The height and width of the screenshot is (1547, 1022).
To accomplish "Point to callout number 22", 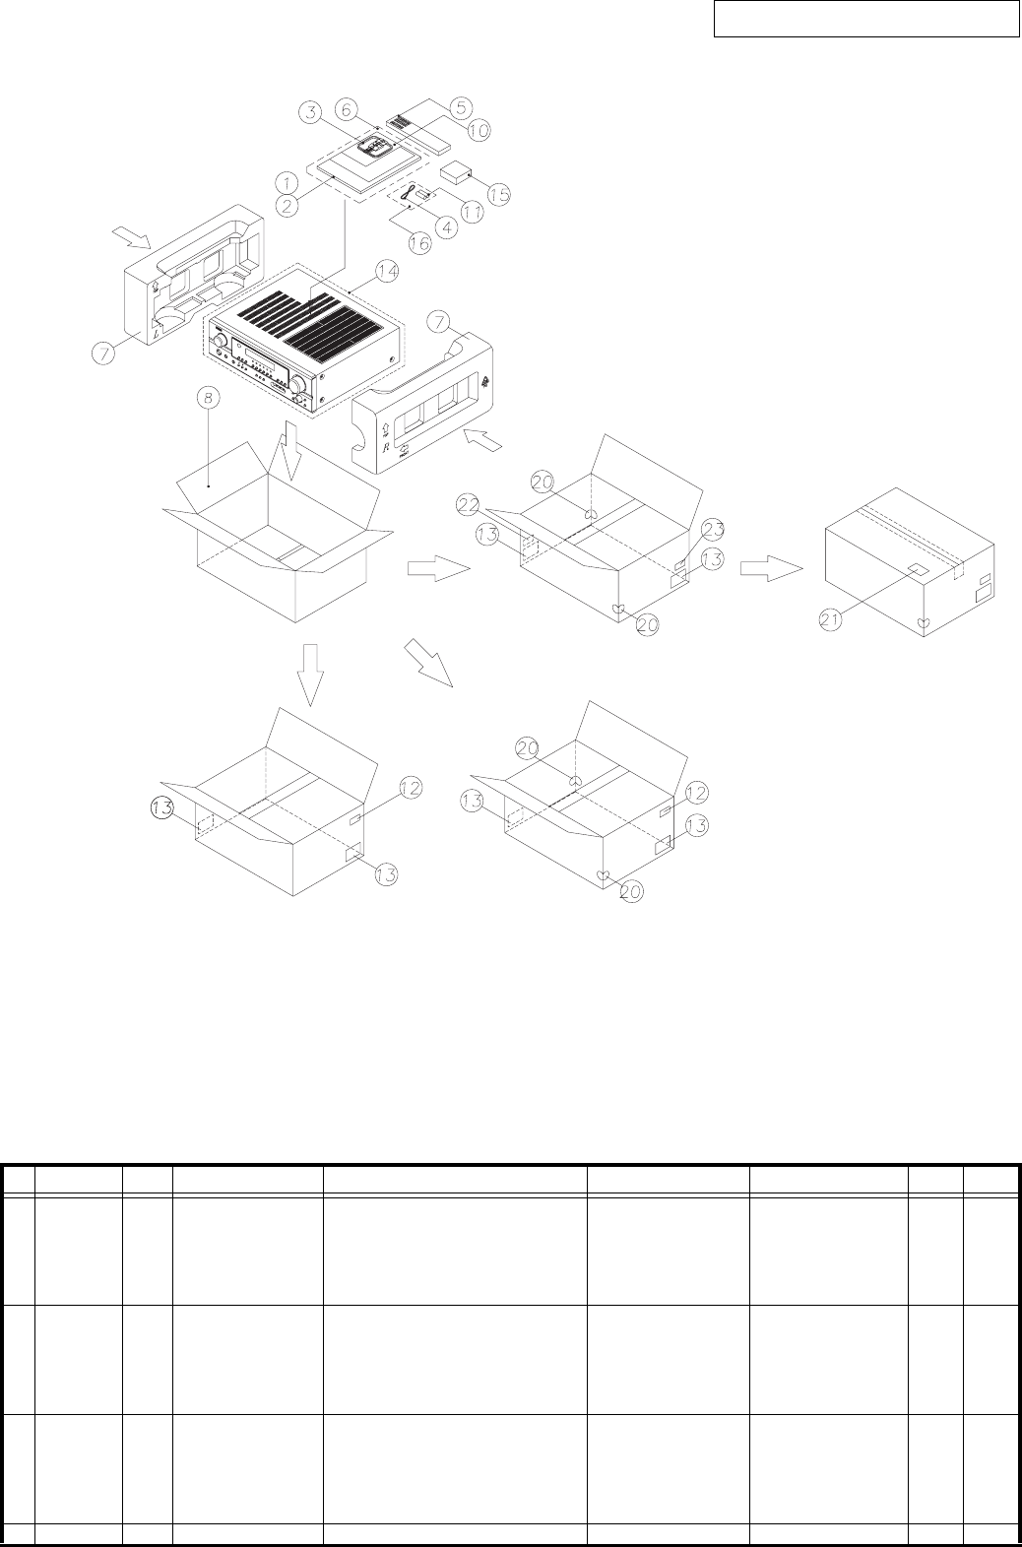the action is pyautogui.click(x=469, y=504).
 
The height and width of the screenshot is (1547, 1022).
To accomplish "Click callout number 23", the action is pyautogui.click(x=713, y=528).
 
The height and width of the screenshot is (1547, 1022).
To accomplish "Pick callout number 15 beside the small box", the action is pyautogui.click(x=499, y=193).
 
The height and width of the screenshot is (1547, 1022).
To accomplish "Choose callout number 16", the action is pyautogui.click(x=420, y=243).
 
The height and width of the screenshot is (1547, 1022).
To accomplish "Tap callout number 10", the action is pyautogui.click(x=479, y=129).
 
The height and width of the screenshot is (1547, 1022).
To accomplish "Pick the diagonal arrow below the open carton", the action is pyautogui.click(x=430, y=663).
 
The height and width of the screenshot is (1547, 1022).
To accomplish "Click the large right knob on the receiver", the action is pyautogui.click(x=297, y=383).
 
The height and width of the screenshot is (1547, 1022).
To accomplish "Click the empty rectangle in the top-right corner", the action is pyautogui.click(x=865, y=20).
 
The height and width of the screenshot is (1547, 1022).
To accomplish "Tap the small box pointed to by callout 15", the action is pyautogui.click(x=455, y=175).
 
